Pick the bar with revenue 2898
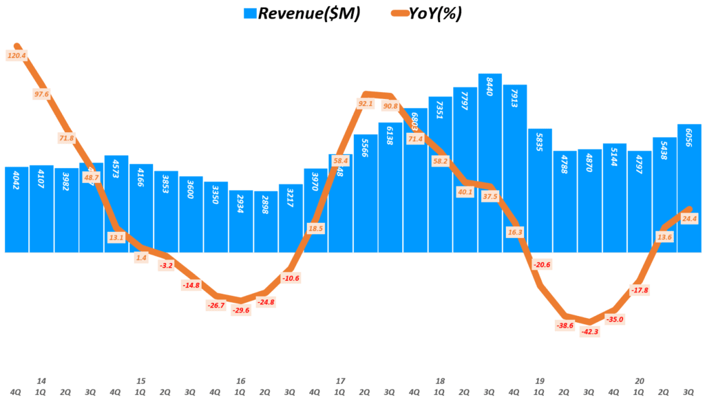(x=266, y=224)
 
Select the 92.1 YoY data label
(x=366, y=104)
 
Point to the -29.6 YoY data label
(x=241, y=310)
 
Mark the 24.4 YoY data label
(x=689, y=218)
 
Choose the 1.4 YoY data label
(x=141, y=257)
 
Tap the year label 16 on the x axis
(x=241, y=381)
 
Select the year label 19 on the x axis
(x=540, y=381)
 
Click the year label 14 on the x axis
(x=41, y=381)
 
